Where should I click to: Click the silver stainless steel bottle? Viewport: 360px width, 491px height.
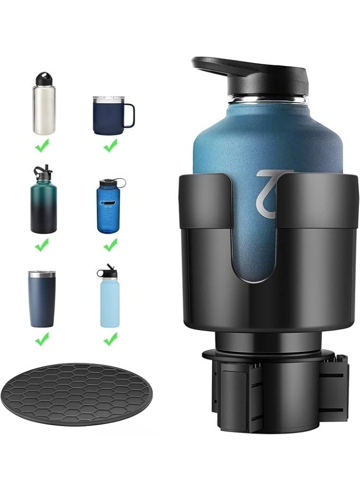coord(44,109)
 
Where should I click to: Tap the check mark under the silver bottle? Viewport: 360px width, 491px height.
coord(43,145)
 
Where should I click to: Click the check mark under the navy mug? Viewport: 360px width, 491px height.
coord(110,145)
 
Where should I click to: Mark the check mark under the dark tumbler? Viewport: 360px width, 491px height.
coord(42,339)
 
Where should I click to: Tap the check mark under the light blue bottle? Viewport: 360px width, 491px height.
coord(110,339)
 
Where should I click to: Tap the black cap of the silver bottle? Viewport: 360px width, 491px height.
coord(44,79)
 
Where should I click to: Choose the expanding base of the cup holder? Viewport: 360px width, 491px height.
coord(273,387)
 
